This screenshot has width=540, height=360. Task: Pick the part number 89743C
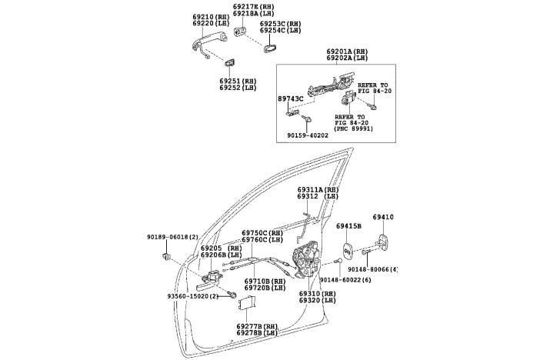click(x=292, y=98)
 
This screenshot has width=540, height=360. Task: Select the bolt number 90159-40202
click(x=308, y=135)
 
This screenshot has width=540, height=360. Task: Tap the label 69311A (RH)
click(x=318, y=189)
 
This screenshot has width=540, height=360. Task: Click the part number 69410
click(x=383, y=218)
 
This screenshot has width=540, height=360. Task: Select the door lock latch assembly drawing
click(x=310, y=261)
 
